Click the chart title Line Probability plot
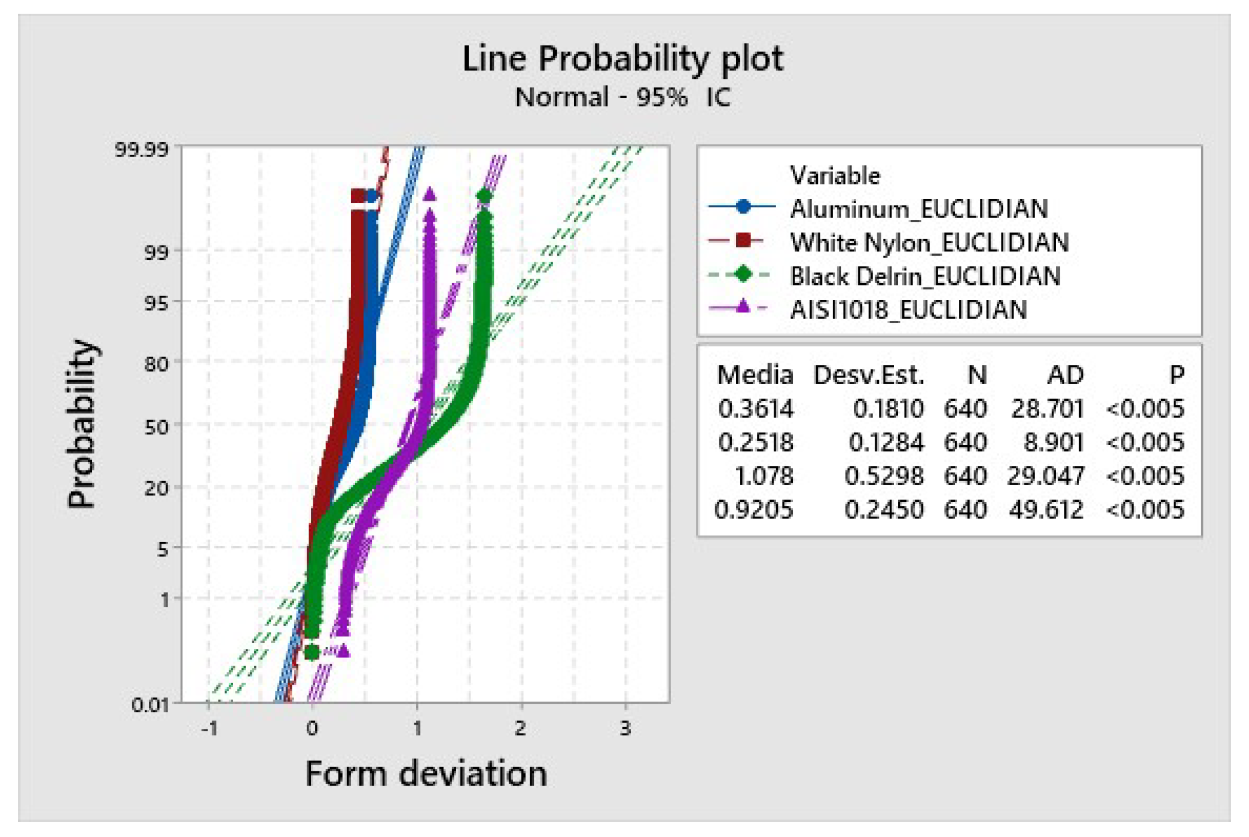point(622,59)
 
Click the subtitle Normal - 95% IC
point(622,97)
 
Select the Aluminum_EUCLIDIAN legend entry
point(918,209)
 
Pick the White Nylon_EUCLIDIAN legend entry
point(929,242)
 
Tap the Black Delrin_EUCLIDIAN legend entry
point(925,276)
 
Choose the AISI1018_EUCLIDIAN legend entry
point(908,309)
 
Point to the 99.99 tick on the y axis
point(142,149)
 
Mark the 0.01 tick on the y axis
point(149,704)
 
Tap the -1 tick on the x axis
point(209,728)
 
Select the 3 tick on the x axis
point(625,728)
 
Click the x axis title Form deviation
point(426,774)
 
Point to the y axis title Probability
point(81,424)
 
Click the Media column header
point(755,375)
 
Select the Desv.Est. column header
point(868,375)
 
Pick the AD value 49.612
point(1046,510)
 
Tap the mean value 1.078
point(764,476)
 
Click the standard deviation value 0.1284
point(886,442)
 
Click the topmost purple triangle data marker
point(429,194)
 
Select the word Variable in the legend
point(835,176)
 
